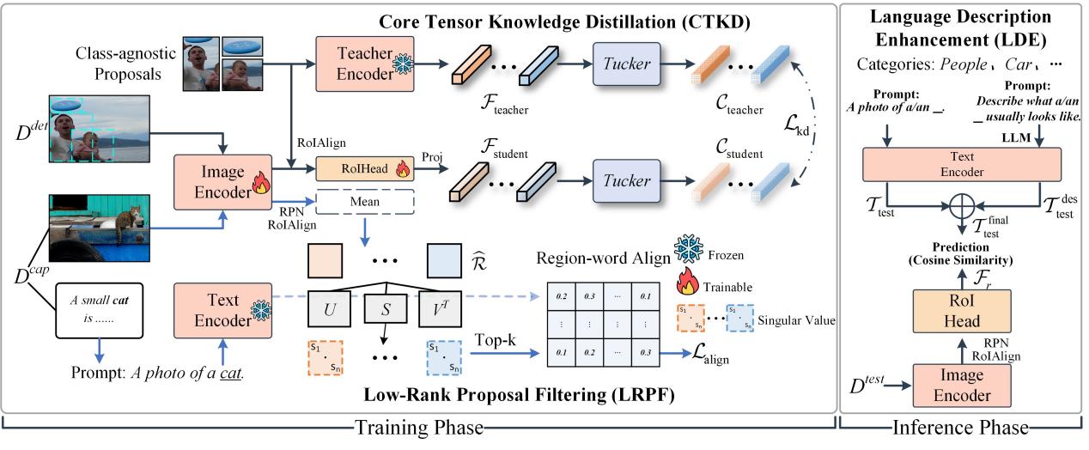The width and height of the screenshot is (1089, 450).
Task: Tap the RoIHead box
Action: coord(365,170)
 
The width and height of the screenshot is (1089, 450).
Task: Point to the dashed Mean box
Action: coord(365,203)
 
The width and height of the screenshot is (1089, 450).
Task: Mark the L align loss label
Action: coord(703,355)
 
